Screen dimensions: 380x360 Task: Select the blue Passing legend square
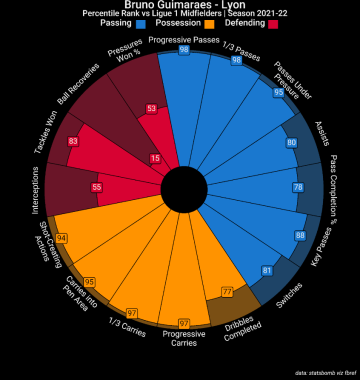140,23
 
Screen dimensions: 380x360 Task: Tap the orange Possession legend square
209,23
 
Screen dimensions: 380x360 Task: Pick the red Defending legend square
273,23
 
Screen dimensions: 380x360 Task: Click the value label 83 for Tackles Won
73,141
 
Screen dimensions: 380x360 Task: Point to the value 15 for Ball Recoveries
155,158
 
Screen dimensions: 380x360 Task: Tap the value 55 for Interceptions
97,187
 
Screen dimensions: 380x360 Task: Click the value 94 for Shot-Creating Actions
61,238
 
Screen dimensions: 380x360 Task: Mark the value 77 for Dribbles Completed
227,291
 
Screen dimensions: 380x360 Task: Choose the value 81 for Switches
267,271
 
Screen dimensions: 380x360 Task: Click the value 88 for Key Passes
300,235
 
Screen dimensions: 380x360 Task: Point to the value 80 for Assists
291,142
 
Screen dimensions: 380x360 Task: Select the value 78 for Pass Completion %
298,187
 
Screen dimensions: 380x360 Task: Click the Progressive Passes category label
184,39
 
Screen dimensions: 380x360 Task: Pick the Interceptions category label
35,190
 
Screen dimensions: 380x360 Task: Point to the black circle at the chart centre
184,190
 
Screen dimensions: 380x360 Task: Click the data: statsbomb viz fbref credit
325,372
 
